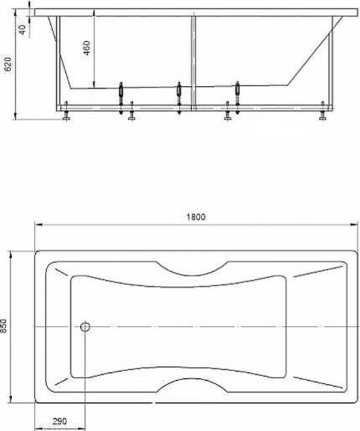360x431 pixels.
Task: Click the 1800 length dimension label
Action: click(196, 217)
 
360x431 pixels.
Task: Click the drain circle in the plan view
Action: click(85, 326)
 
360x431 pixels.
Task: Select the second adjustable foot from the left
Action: click(132, 114)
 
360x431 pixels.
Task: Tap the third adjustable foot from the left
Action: click(228, 114)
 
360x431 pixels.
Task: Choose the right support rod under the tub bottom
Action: click(237, 94)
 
